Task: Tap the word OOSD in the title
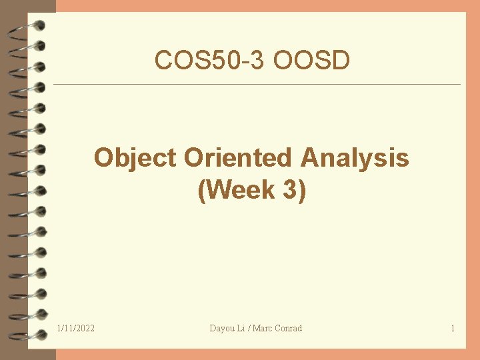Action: click(x=311, y=61)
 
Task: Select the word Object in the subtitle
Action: click(x=135, y=159)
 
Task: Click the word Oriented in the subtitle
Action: click(x=238, y=159)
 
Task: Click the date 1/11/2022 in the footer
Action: click(x=75, y=328)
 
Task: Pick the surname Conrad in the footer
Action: click(x=289, y=328)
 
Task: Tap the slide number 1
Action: click(x=453, y=328)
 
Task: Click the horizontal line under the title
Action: click(x=257, y=85)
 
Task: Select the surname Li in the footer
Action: click(x=241, y=328)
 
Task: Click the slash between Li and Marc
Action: click(x=248, y=328)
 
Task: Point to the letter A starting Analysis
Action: click(x=310, y=159)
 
